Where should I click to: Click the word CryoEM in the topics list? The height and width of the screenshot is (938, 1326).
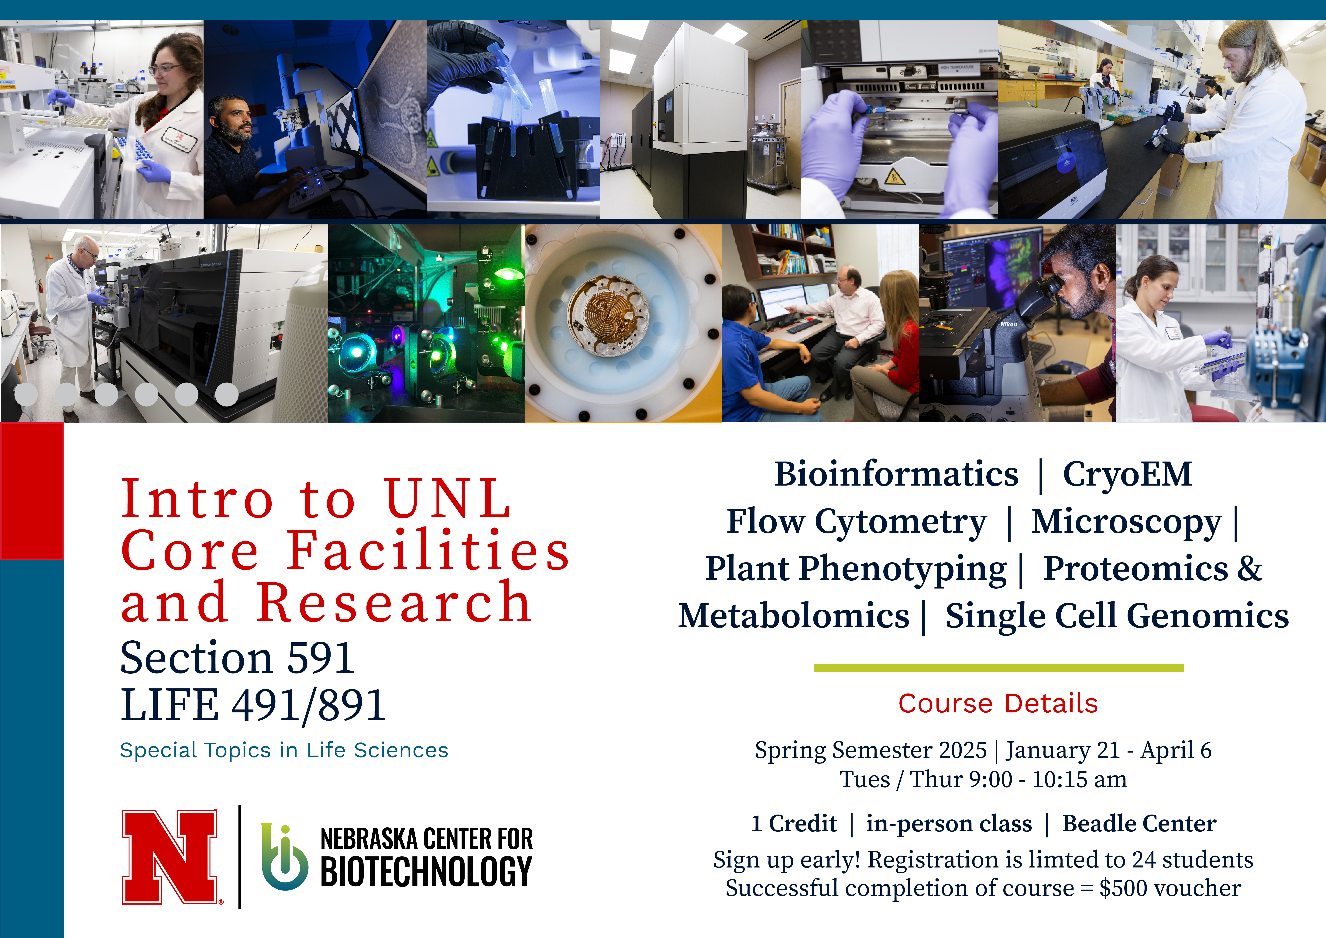(x=1127, y=475)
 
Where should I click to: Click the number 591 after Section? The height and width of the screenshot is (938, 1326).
(x=321, y=658)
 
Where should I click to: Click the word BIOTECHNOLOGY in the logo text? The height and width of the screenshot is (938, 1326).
(x=426, y=871)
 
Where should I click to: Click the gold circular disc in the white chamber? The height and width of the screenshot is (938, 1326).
(x=609, y=316)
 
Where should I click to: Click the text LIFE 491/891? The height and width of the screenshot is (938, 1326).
(x=253, y=705)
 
